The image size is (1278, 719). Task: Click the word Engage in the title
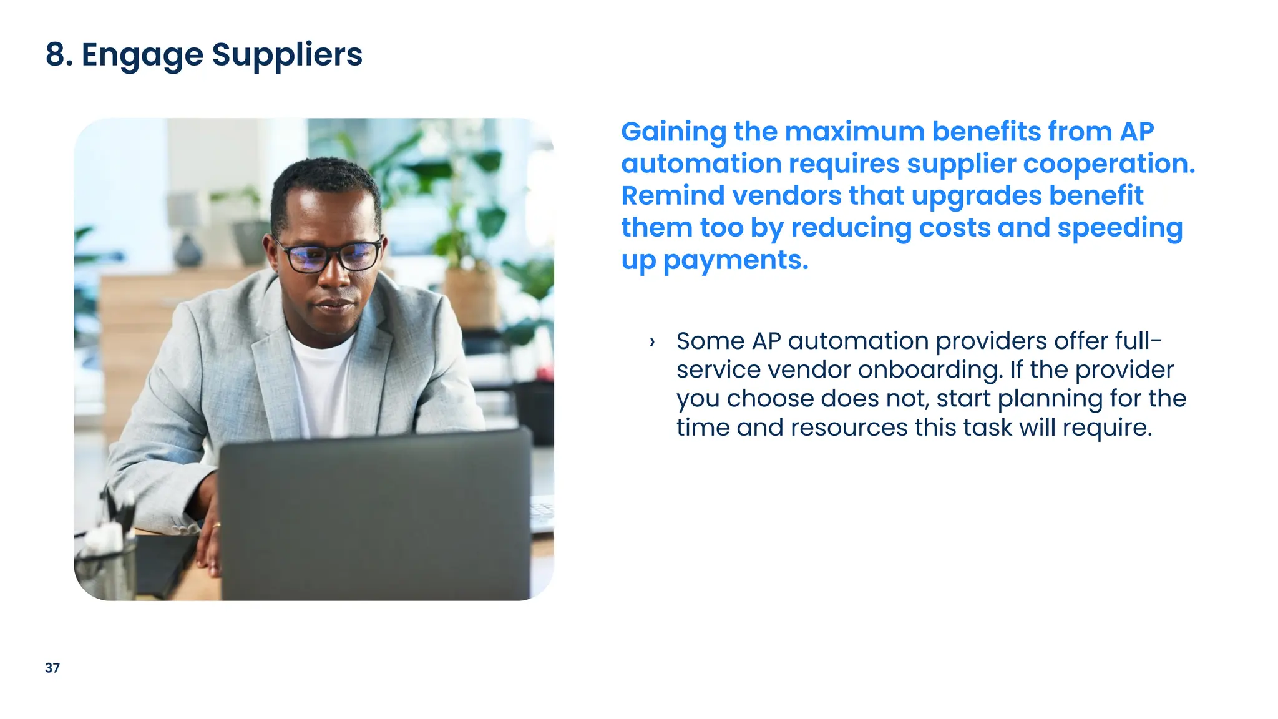[x=142, y=55]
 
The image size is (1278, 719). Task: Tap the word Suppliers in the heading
[x=287, y=55]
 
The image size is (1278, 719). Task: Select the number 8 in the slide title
[x=55, y=54]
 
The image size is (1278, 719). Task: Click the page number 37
[x=52, y=668]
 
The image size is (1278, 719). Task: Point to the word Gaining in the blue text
[x=673, y=132]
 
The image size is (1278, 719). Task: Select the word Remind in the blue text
[x=673, y=195]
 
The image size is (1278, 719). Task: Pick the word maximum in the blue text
[x=854, y=132]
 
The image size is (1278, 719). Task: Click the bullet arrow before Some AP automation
[x=652, y=341]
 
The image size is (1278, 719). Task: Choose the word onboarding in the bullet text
[x=930, y=370]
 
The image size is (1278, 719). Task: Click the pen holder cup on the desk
[x=106, y=568]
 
